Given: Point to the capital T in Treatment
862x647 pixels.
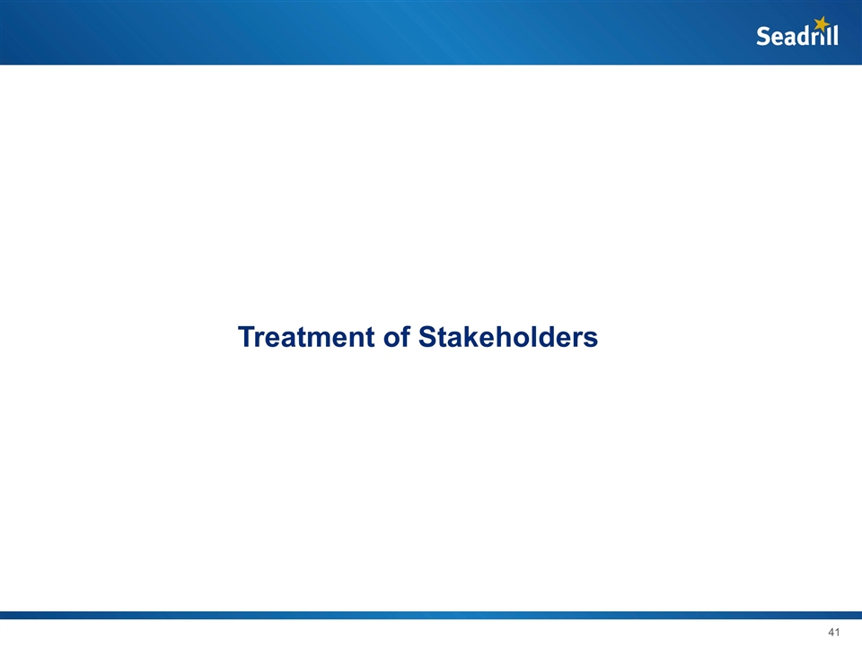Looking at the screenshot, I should click(246, 338).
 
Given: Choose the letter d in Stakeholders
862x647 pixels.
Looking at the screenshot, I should click(545, 338).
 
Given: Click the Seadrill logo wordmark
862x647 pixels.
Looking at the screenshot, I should click(796, 35).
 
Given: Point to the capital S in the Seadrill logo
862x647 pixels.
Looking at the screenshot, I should click(763, 37).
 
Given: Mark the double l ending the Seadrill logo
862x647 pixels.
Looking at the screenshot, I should click(832, 36).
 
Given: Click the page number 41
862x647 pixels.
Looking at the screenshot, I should click(831, 633).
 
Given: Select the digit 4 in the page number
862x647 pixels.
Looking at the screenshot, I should click(828, 633).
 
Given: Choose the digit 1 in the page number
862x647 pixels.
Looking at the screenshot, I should click(836, 633).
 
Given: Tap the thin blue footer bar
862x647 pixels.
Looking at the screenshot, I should click(431, 616).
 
